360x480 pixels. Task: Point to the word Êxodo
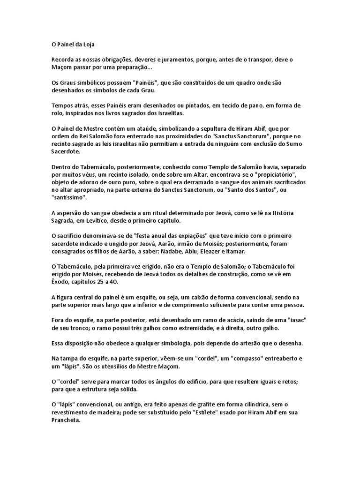click(x=61, y=281)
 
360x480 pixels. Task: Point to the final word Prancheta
click(x=66, y=420)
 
